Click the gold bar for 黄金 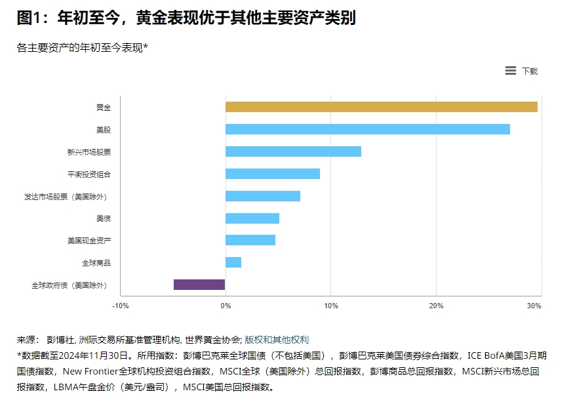pyautogui.click(x=381, y=107)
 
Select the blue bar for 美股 pyautogui.click(x=367, y=129)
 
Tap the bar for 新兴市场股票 pyautogui.click(x=293, y=151)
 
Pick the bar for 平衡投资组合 pyautogui.click(x=273, y=174)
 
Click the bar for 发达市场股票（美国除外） pyautogui.click(x=263, y=196)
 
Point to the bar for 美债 pyautogui.click(x=252, y=218)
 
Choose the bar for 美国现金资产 pyautogui.click(x=250, y=240)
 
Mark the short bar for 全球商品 pyautogui.click(x=233, y=262)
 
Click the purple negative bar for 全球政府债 pyautogui.click(x=199, y=285)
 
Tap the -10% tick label pyautogui.click(x=121, y=306)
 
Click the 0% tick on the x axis pyautogui.click(x=226, y=306)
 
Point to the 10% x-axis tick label pyautogui.click(x=331, y=306)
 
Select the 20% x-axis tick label pyautogui.click(x=436, y=306)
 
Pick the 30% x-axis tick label pyautogui.click(x=534, y=306)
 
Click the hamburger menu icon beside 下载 pyautogui.click(x=511, y=71)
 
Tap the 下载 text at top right pyautogui.click(x=530, y=71)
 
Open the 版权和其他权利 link pyautogui.click(x=277, y=340)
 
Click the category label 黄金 pyautogui.click(x=104, y=107)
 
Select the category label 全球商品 pyautogui.click(x=96, y=262)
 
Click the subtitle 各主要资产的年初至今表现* pyautogui.click(x=83, y=47)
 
